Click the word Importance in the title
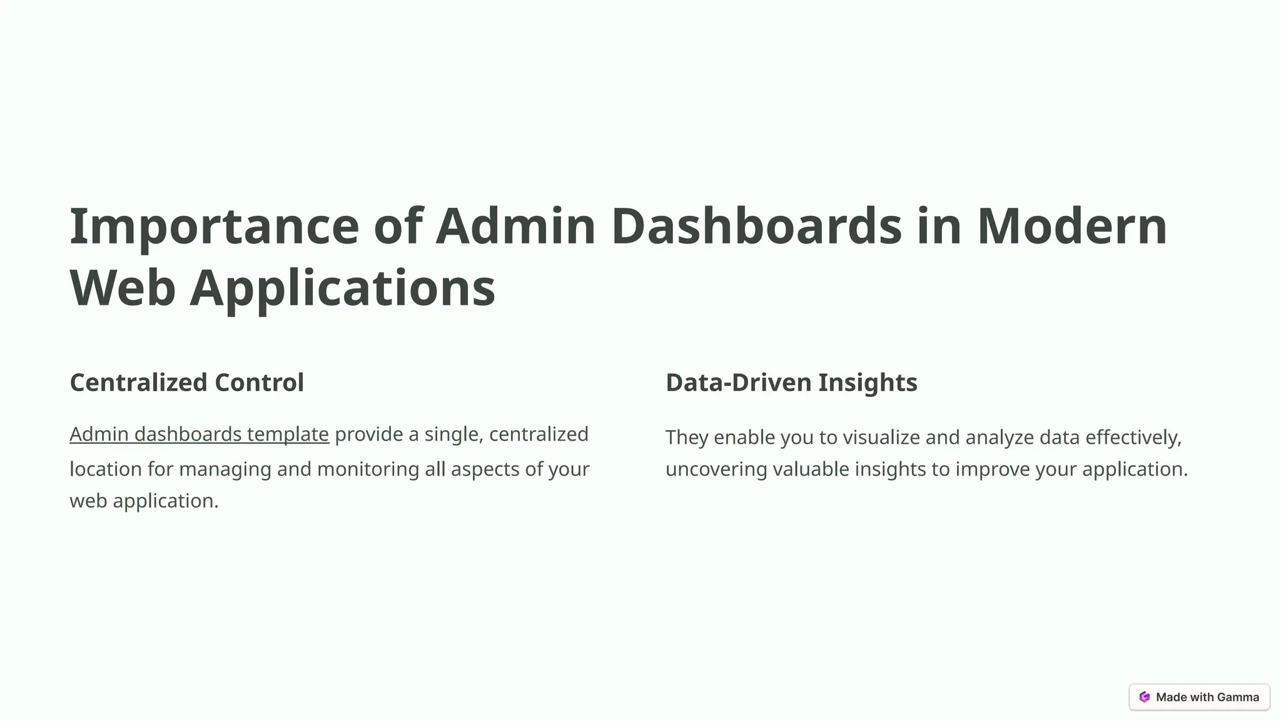click(214, 227)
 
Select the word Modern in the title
click(1071, 227)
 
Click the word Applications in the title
click(342, 288)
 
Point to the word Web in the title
click(123, 288)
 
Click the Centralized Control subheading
click(186, 382)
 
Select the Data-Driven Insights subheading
click(791, 382)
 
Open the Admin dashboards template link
click(199, 434)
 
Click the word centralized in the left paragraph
click(539, 434)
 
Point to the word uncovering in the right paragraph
click(716, 469)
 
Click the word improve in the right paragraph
click(992, 469)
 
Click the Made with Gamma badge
click(1199, 697)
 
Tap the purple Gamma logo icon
click(1145, 697)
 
